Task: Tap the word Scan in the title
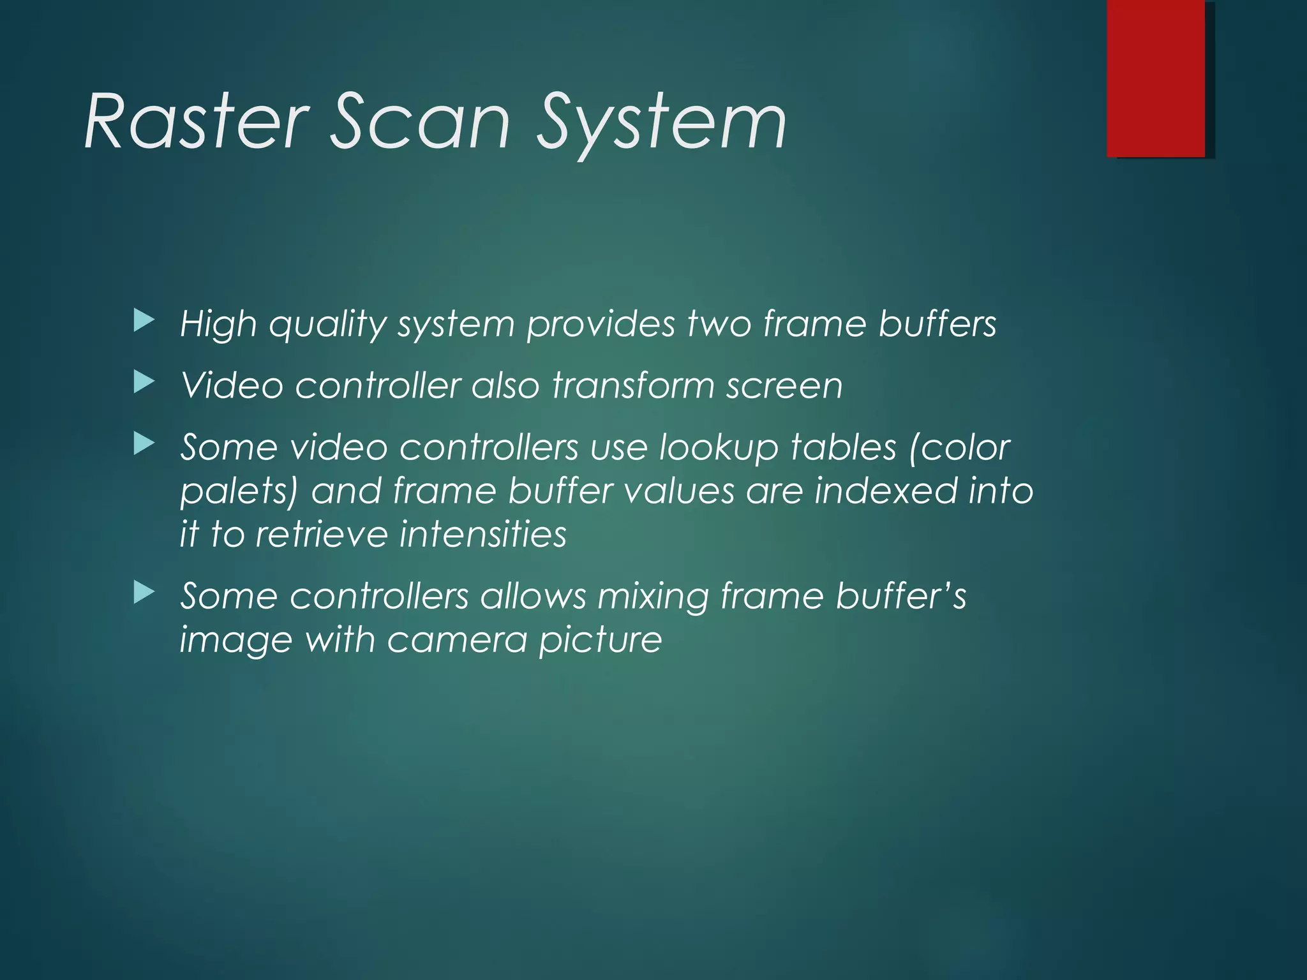(x=421, y=121)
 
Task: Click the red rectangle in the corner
(x=1156, y=78)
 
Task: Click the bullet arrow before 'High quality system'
(x=144, y=321)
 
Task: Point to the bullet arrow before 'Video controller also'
(x=144, y=383)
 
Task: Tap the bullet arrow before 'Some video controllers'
(x=144, y=444)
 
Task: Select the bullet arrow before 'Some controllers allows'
(x=144, y=593)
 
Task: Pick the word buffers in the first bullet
(x=937, y=323)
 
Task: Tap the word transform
(x=632, y=385)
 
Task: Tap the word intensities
(x=482, y=534)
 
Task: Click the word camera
(x=457, y=640)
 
